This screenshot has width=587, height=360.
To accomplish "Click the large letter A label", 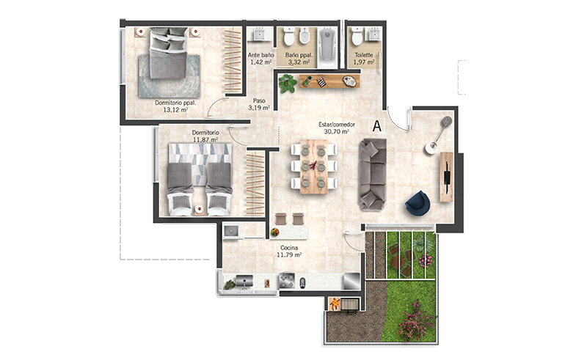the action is [x=377, y=125].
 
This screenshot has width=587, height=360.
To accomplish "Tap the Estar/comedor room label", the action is [x=337, y=125].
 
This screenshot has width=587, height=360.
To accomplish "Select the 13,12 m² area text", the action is [x=175, y=110].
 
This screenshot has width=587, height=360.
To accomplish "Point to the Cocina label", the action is [x=289, y=248].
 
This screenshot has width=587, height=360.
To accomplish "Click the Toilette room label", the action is [x=364, y=55].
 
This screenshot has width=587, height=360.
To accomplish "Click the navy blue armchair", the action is [x=418, y=203].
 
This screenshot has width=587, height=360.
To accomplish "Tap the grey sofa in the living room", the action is [x=372, y=174].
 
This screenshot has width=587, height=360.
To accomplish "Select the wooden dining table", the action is [x=314, y=166].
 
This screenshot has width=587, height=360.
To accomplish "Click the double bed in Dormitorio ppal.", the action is [x=168, y=53].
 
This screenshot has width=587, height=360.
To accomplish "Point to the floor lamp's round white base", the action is [x=431, y=147].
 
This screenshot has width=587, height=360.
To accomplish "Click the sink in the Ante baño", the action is [x=259, y=34].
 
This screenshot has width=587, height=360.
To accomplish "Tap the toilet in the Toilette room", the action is [x=356, y=35].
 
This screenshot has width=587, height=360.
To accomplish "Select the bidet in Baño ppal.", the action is [x=304, y=35].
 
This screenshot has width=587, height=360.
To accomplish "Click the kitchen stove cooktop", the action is [x=287, y=280].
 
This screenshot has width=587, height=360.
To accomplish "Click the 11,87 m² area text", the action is [x=205, y=139].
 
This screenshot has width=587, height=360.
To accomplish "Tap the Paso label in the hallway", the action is [x=259, y=100].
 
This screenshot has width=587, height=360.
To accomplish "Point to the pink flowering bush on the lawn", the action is [x=416, y=320].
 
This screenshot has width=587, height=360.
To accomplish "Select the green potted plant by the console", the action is [x=288, y=83].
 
